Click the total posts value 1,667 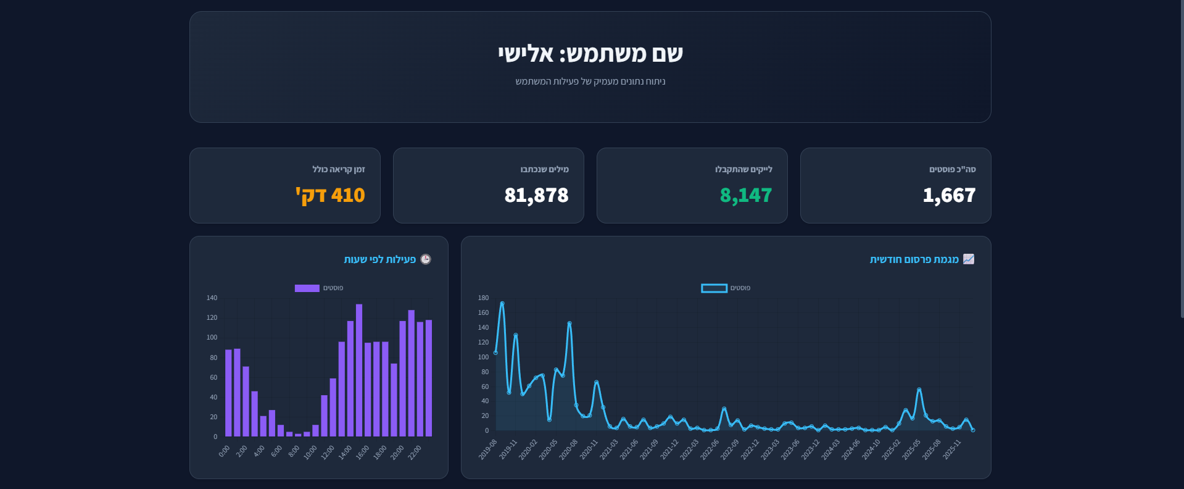pos(949,196)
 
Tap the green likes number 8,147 pos(745,196)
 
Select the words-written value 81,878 pos(536,196)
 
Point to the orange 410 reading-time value pos(330,196)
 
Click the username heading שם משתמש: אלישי pos(590,54)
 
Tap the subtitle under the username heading pos(590,81)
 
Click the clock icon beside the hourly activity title pos(426,259)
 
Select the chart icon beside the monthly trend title pos(969,259)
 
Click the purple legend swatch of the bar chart pos(307,288)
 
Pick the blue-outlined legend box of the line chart pos(714,288)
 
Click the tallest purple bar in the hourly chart pos(359,370)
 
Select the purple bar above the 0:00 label pos(228,393)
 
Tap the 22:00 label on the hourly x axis pos(415,452)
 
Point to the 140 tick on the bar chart pos(212,298)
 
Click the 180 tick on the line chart pos(483,298)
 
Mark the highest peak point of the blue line pos(502,303)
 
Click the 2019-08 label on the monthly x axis pos(488,449)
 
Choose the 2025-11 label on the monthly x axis pos(952,449)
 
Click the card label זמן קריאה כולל pos(338,169)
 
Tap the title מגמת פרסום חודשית pos(914,259)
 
